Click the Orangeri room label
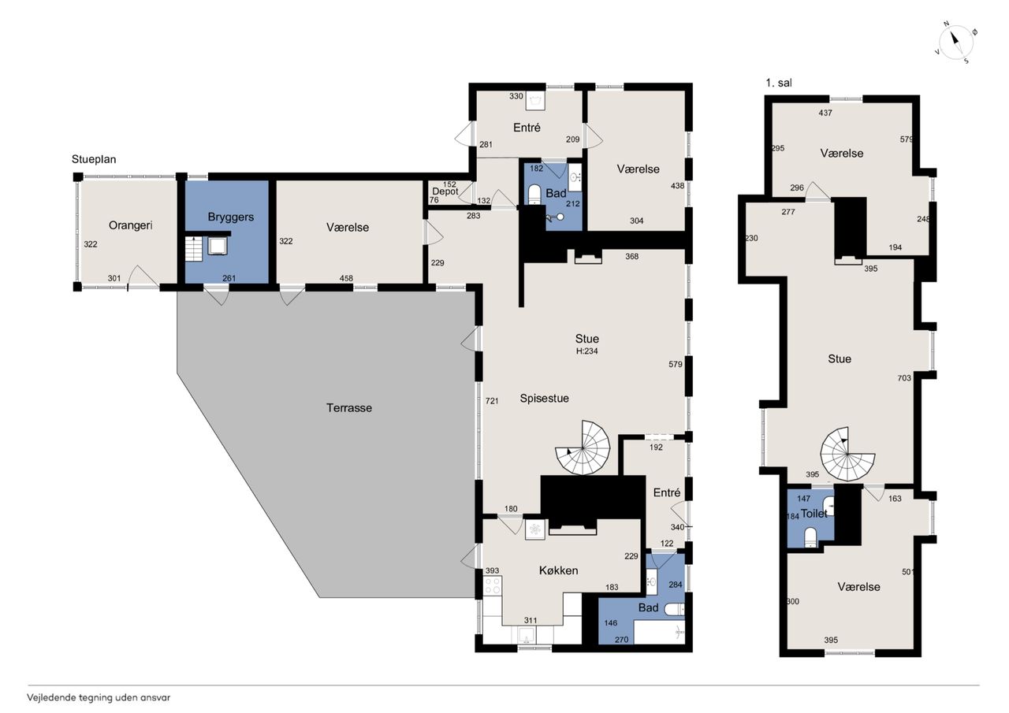(130, 225)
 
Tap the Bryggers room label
(231, 217)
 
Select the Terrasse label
(349, 408)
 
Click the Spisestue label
(544, 399)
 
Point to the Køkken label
(559, 570)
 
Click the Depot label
(445, 191)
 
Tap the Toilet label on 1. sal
(814, 513)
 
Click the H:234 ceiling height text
(587, 351)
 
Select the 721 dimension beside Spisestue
(492, 400)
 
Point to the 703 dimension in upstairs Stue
(904, 378)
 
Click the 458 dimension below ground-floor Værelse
(346, 278)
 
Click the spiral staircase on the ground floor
(583, 447)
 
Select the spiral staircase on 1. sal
(847, 454)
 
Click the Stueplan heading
(94, 159)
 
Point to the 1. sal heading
(778, 83)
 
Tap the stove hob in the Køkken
(493, 585)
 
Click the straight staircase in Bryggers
(194, 249)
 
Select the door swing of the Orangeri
(143, 277)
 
